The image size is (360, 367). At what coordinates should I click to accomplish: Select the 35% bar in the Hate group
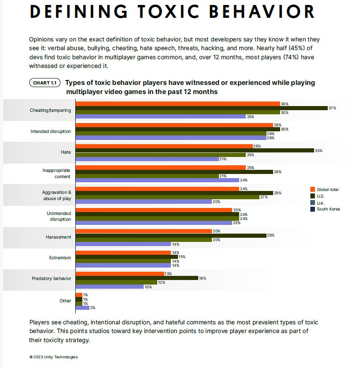click(x=194, y=150)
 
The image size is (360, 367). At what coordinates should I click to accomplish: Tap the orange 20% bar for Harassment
click(x=143, y=231)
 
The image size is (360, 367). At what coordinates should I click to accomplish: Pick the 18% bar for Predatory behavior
click(x=137, y=278)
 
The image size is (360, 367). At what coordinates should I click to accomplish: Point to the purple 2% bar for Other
click(x=82, y=308)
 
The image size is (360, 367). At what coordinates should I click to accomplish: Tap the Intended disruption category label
click(x=50, y=132)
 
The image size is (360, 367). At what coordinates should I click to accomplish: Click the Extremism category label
click(x=60, y=258)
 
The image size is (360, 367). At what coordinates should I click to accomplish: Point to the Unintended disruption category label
click(x=58, y=216)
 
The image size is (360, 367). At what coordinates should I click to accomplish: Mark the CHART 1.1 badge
click(x=45, y=83)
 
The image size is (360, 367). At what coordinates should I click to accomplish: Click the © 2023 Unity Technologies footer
click(x=53, y=357)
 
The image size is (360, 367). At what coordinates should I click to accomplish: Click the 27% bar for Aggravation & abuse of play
click(x=167, y=197)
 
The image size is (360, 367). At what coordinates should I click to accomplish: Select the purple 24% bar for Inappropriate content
click(x=157, y=180)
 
